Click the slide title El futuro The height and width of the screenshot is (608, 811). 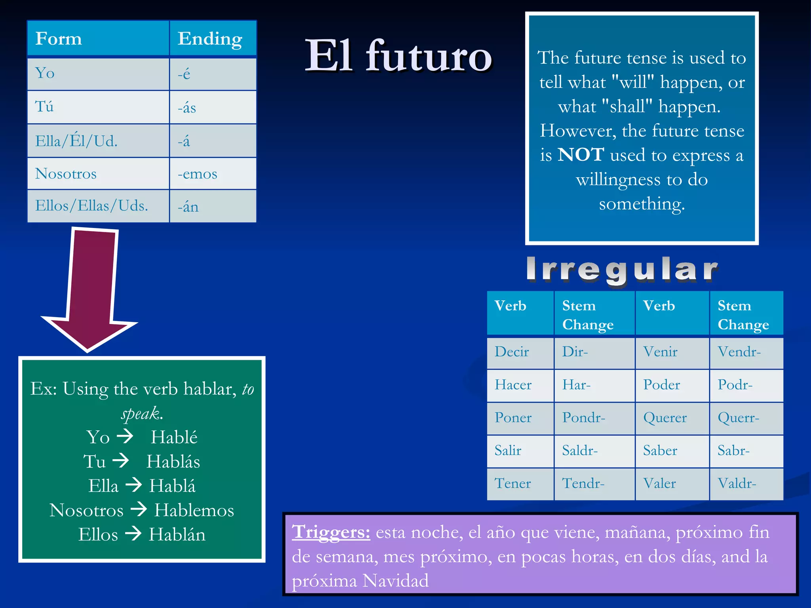[398, 56]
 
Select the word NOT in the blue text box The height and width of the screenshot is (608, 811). [581, 155]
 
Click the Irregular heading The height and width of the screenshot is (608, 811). [622, 270]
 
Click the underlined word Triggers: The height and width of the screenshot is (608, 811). [331, 532]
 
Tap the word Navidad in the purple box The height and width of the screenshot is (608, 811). [395, 581]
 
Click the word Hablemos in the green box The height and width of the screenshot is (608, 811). [194, 510]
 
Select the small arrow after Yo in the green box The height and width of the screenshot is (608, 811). [125, 437]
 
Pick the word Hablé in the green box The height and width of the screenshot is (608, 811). [174, 437]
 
